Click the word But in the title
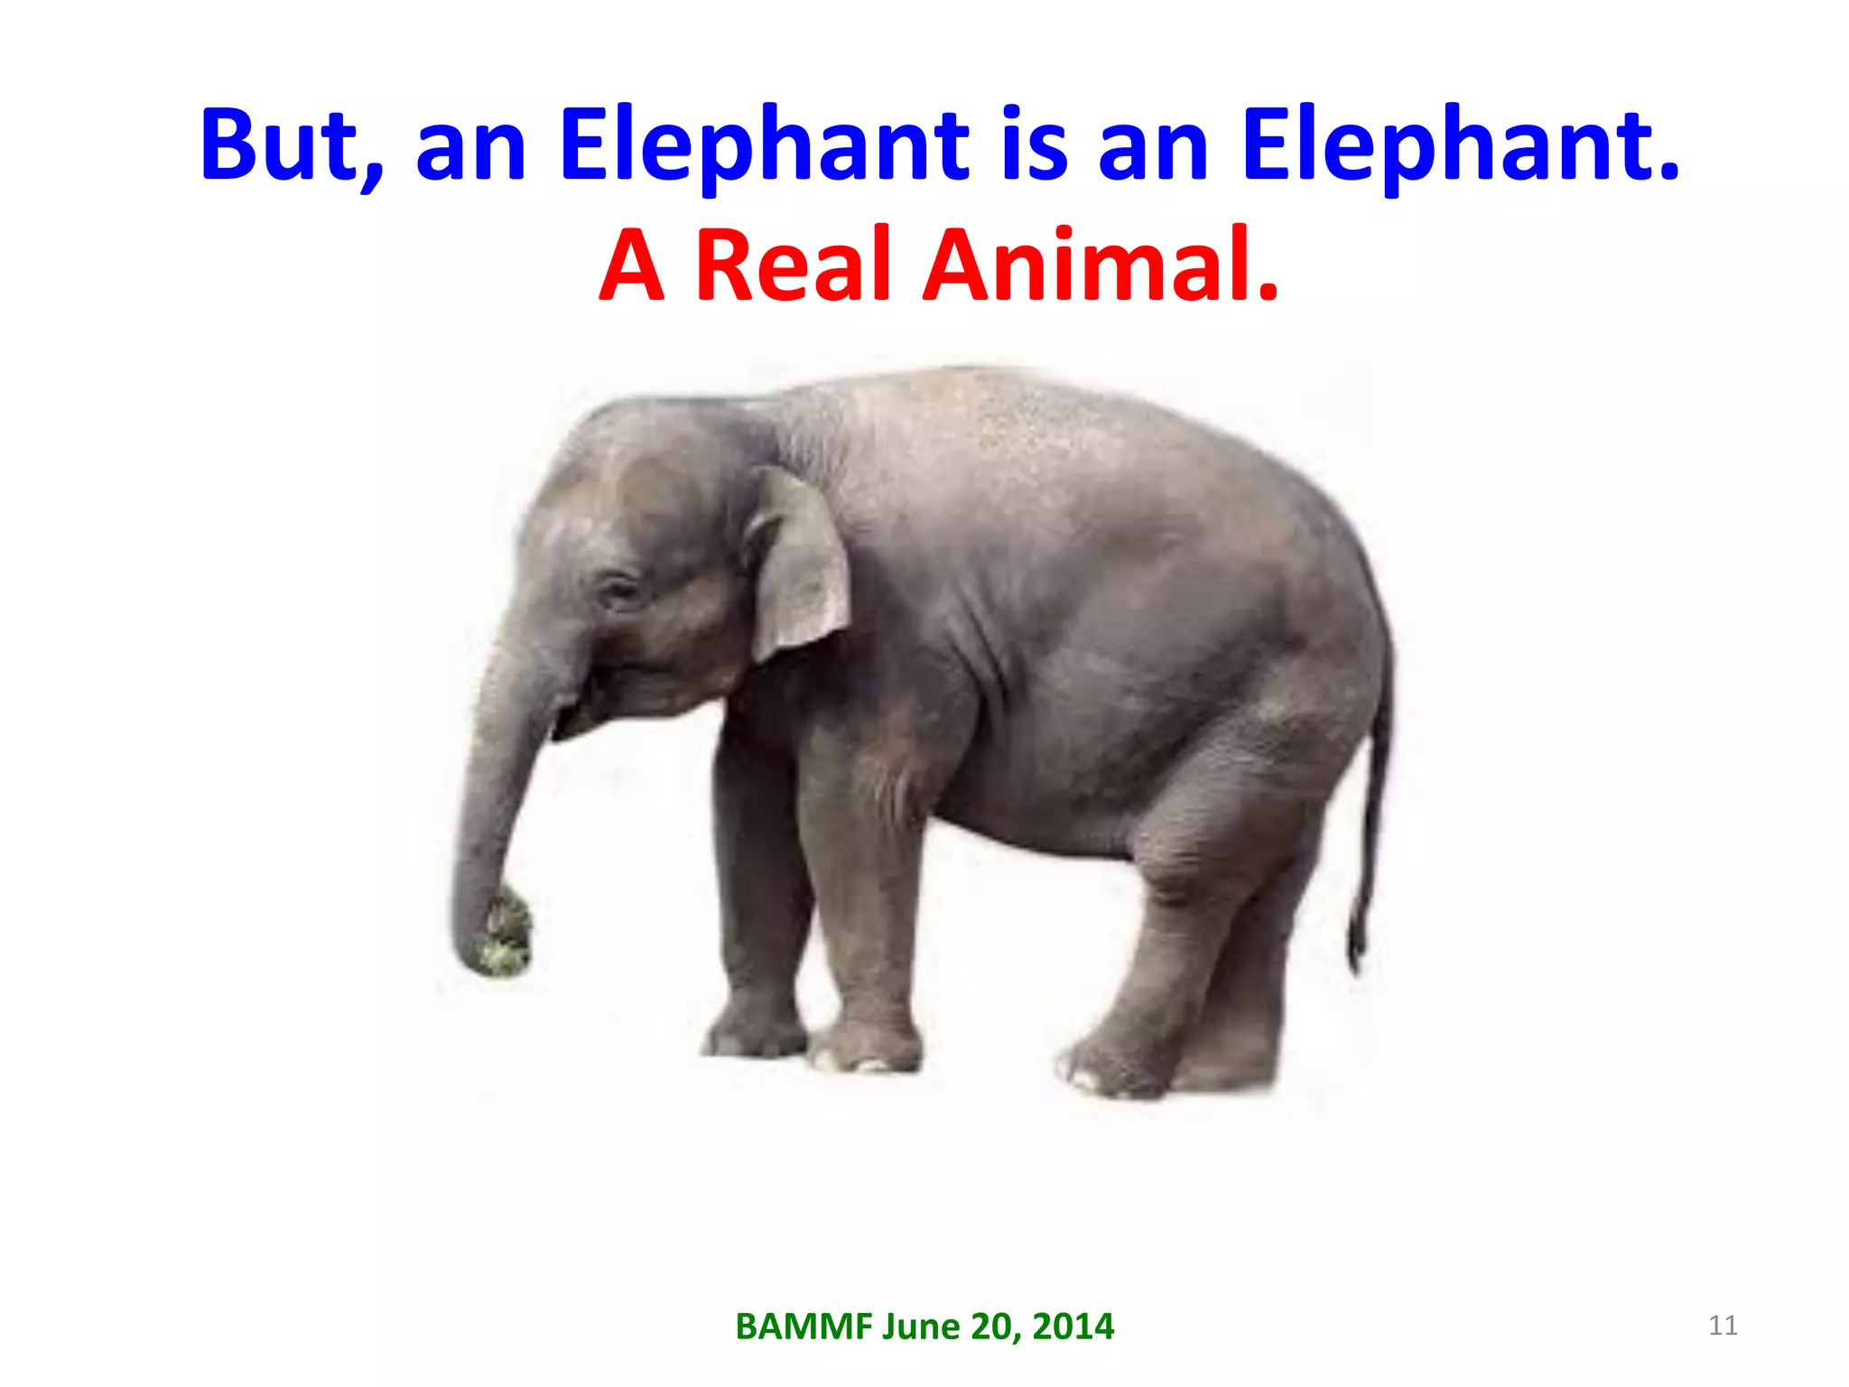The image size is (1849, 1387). tap(281, 144)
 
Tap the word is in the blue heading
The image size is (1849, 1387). tap(1035, 144)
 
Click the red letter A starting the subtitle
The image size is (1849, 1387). tap(632, 265)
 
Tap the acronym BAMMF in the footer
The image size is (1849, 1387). tap(804, 1326)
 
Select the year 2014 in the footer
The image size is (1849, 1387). tap(1073, 1326)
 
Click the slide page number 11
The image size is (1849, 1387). tap(1723, 1326)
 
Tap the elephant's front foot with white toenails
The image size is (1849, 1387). tap(867, 1052)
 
